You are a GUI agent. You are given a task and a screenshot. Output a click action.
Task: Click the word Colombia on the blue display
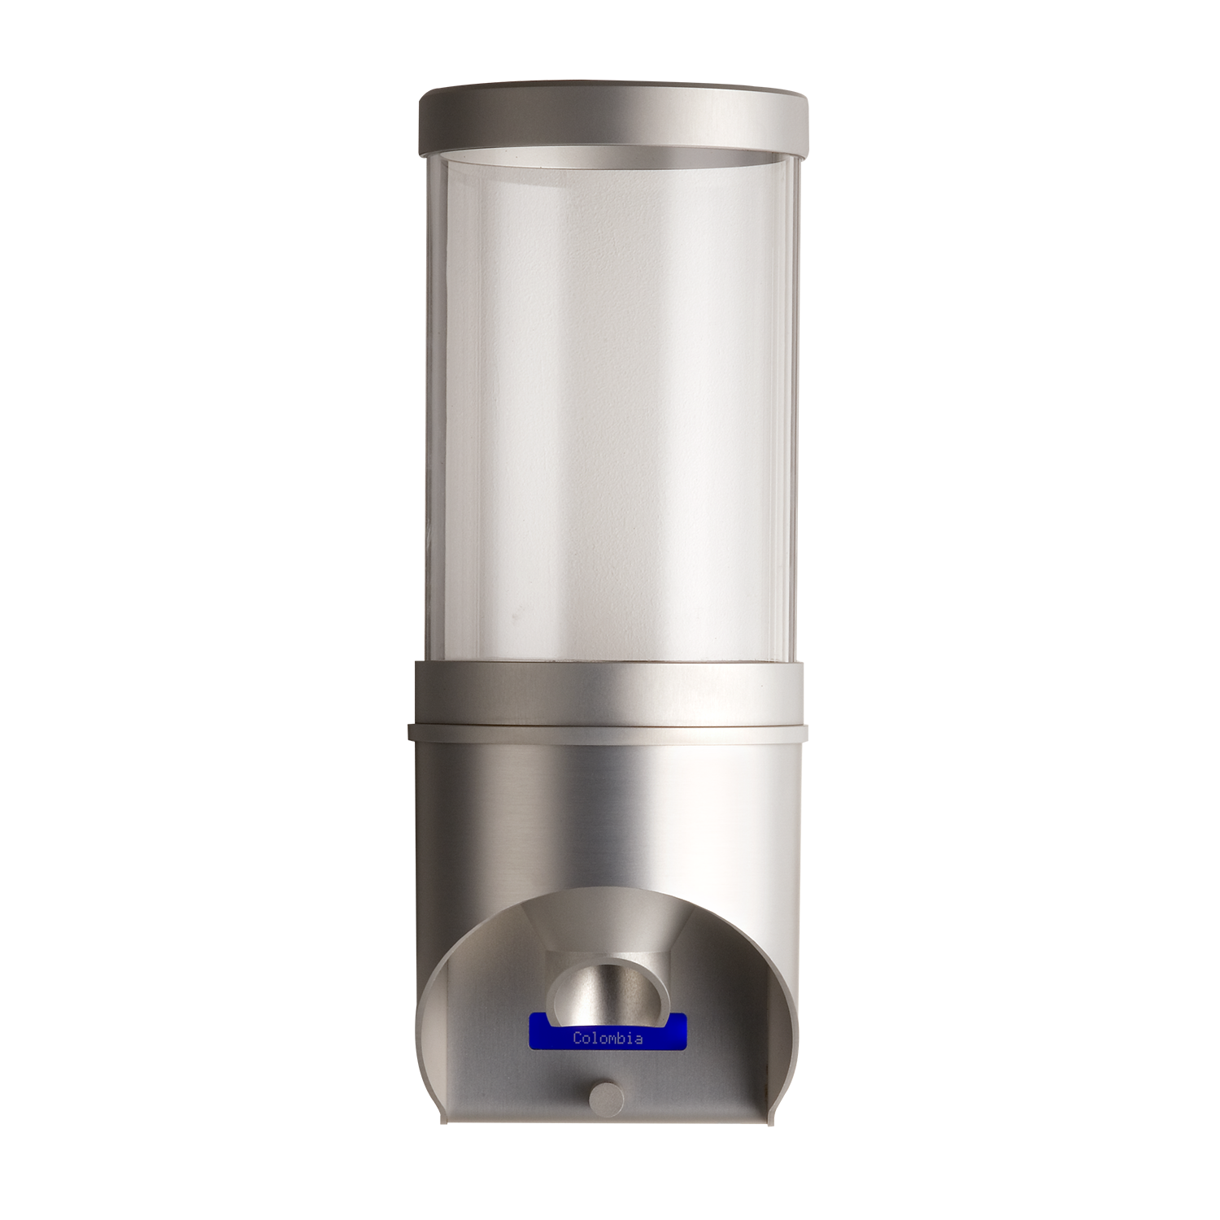608,1039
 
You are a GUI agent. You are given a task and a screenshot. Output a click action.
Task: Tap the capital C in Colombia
577,1039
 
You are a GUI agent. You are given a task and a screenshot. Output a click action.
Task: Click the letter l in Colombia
595,1039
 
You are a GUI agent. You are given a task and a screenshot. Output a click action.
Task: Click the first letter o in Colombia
586,1039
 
